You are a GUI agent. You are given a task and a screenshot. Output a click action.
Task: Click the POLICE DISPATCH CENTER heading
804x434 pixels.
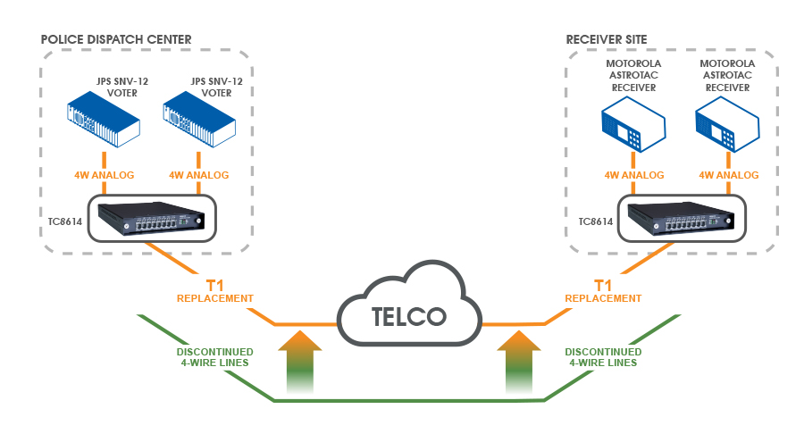(x=116, y=39)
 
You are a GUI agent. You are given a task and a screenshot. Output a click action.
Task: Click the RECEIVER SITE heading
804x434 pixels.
(x=607, y=39)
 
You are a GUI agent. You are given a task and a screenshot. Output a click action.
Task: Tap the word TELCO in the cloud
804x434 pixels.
(x=408, y=317)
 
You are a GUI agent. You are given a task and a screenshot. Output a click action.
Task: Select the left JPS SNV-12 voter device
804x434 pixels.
(x=104, y=120)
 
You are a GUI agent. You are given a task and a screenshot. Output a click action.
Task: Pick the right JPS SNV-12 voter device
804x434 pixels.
(x=199, y=120)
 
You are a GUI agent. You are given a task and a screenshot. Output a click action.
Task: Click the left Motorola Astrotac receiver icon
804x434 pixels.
(x=633, y=124)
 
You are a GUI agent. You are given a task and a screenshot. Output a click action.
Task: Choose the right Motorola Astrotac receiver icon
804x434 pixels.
(x=727, y=124)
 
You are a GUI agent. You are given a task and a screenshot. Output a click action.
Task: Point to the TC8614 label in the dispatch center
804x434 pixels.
(x=65, y=221)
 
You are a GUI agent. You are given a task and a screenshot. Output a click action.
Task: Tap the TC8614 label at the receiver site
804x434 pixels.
(x=596, y=221)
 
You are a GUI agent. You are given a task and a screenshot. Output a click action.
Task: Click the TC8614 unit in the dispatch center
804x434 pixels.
(x=152, y=218)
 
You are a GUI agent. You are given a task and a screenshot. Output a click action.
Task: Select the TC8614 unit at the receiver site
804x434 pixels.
(x=682, y=218)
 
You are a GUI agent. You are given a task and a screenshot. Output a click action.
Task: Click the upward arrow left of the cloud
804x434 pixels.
(x=300, y=362)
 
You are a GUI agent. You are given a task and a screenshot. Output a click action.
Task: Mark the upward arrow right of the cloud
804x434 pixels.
(x=519, y=362)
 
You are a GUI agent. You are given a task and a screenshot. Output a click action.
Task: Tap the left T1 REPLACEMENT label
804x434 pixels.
(x=214, y=291)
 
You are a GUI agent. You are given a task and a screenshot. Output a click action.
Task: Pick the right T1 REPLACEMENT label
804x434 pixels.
(x=603, y=291)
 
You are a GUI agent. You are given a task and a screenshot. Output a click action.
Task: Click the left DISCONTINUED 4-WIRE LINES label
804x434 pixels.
(x=214, y=357)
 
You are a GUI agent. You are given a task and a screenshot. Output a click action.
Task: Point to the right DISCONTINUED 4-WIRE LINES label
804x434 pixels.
(x=603, y=357)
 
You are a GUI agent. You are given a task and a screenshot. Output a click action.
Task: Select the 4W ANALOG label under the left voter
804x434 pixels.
(x=105, y=175)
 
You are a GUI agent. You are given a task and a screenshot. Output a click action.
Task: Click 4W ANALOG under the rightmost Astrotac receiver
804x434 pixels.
(x=729, y=175)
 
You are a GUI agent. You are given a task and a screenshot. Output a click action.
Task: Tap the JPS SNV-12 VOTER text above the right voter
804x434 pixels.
(x=216, y=88)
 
